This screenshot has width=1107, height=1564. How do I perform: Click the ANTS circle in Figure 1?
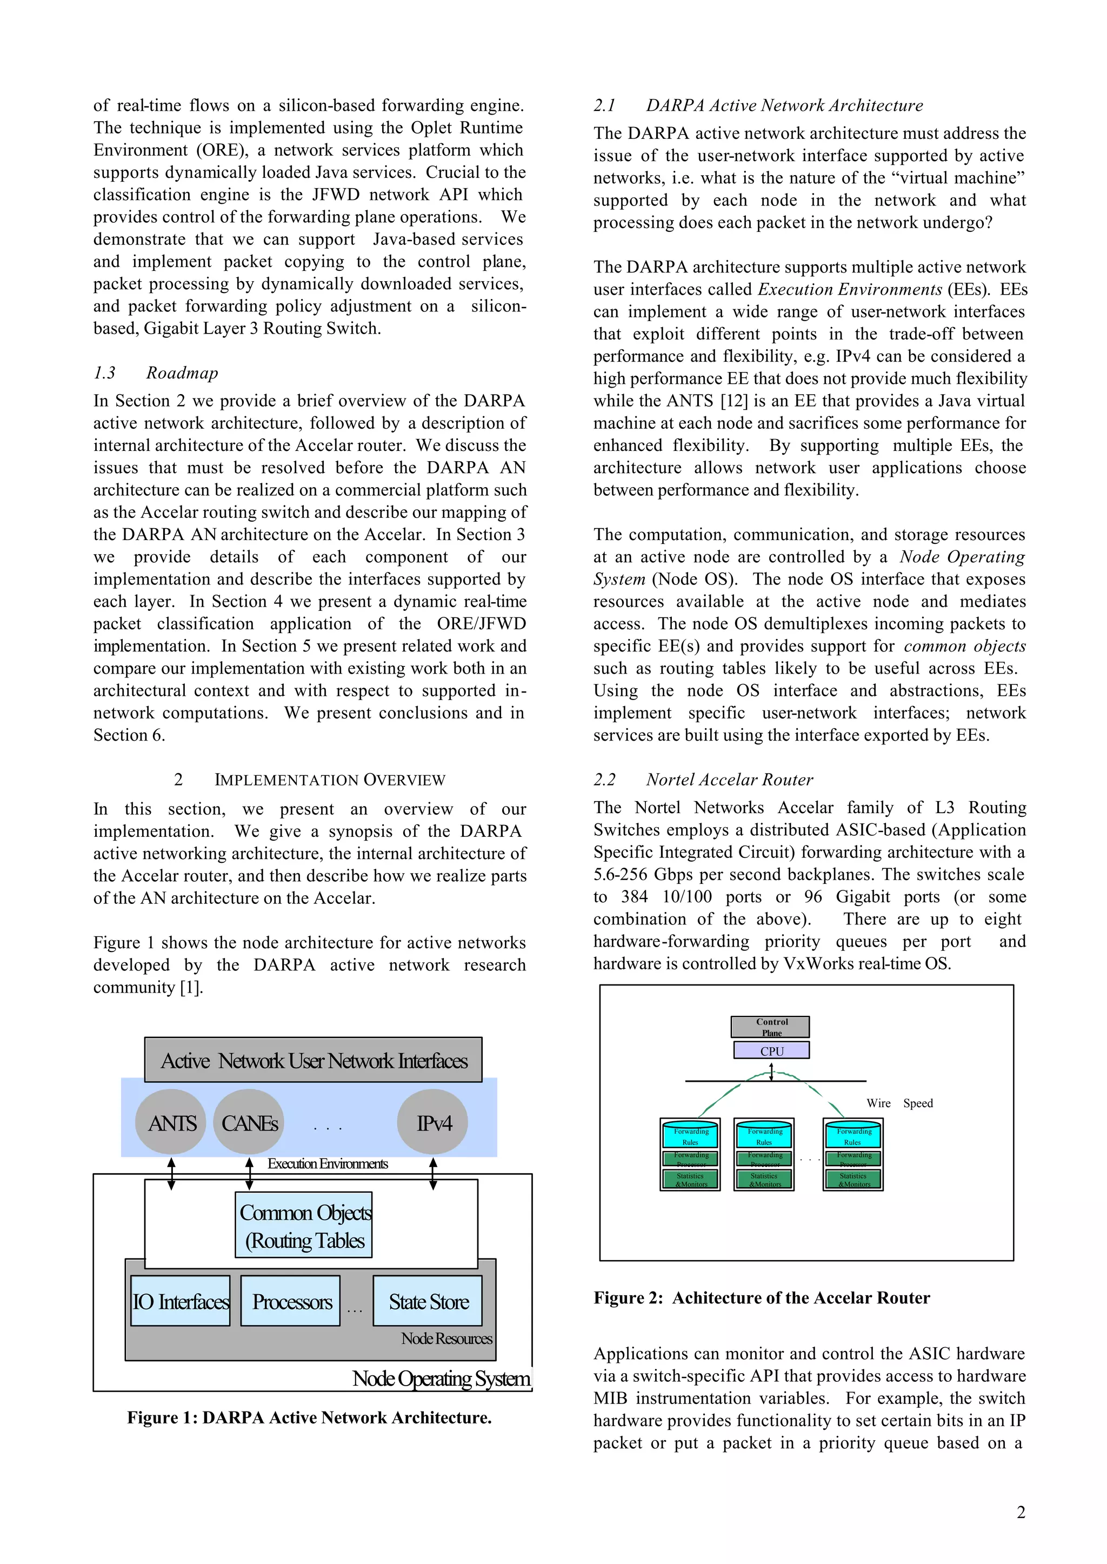coord(171,1123)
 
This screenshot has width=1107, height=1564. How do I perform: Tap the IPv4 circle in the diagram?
coord(433,1123)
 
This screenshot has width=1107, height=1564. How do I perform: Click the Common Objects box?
coord(303,1226)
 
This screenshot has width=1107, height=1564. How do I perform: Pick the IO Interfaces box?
coord(181,1301)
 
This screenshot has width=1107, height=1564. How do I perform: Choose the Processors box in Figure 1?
coord(291,1301)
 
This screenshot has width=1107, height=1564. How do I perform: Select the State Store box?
coord(428,1301)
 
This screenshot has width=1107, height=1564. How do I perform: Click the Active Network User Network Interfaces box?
coord(314,1061)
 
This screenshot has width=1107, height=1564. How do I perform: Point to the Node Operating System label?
coord(441,1378)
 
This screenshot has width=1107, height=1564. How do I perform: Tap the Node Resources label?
coord(446,1339)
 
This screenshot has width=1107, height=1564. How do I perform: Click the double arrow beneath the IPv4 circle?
coord(433,1173)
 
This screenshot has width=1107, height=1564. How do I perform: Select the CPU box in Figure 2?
coord(772,1050)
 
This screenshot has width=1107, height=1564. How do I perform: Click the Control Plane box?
coord(771,1027)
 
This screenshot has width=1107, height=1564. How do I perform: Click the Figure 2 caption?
coord(762,1297)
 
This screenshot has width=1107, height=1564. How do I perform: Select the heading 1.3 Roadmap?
coord(156,373)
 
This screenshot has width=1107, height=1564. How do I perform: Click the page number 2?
coord(1021,1512)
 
